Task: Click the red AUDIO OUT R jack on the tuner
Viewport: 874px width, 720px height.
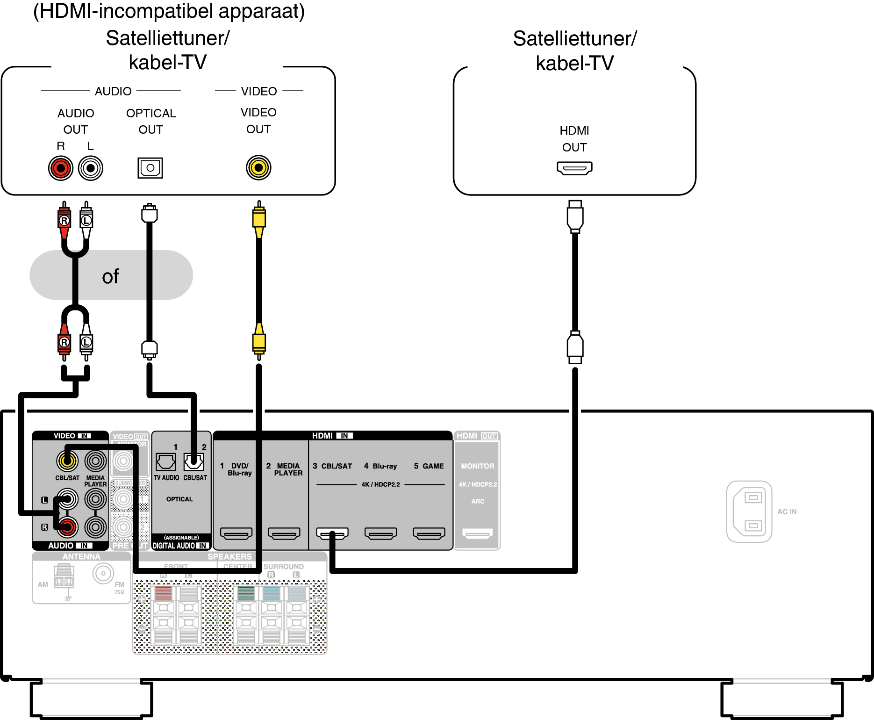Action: (x=61, y=168)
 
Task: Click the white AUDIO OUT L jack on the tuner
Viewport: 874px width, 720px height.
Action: (x=91, y=168)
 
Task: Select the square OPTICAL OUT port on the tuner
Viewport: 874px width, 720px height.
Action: (x=150, y=168)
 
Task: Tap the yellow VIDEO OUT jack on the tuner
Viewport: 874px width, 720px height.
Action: (x=258, y=167)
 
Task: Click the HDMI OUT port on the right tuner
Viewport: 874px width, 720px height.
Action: (x=574, y=168)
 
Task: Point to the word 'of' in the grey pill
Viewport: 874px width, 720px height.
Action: (x=110, y=277)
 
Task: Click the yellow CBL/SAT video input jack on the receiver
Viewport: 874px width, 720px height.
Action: (x=67, y=461)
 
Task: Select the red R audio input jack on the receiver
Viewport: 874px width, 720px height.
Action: (x=67, y=527)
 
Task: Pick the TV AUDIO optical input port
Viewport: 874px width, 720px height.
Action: (x=166, y=462)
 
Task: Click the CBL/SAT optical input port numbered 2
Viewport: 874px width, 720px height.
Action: (x=193, y=462)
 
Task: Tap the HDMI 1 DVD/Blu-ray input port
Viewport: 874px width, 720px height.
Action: (x=236, y=533)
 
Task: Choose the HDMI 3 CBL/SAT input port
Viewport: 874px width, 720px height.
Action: (x=332, y=533)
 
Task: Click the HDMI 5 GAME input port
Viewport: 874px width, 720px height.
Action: (x=429, y=533)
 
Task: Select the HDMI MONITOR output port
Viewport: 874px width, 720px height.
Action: (x=477, y=533)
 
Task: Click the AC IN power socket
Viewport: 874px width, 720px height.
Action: (x=749, y=511)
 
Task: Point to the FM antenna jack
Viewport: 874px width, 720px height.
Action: (x=103, y=573)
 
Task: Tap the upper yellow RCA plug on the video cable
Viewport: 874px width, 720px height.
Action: (x=259, y=218)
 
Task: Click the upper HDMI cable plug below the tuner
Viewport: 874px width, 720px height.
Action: (x=575, y=216)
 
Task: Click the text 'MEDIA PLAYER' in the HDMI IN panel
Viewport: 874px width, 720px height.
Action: (x=288, y=469)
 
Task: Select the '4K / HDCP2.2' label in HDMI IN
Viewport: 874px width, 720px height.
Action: (x=380, y=484)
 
